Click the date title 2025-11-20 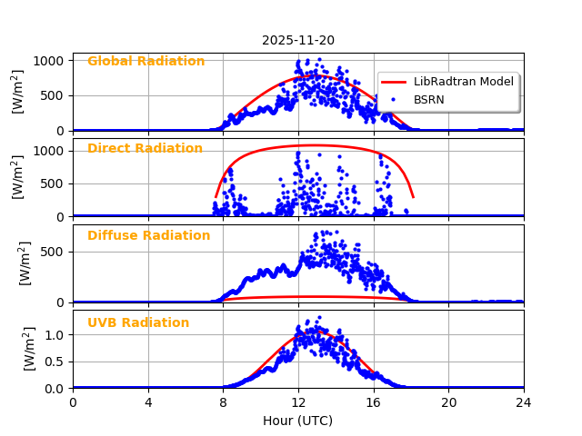point(298,40)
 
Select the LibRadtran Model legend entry point(463,82)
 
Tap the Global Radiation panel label point(145,62)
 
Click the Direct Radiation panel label point(145,149)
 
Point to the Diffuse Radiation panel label point(148,236)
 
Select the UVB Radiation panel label point(138,323)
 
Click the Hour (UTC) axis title point(297,421)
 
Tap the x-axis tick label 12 point(298,402)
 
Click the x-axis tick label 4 point(148,402)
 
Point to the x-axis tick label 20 point(448,402)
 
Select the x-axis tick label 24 point(524,402)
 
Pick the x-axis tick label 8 point(223,402)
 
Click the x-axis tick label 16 point(373,402)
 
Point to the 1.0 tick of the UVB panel point(55,334)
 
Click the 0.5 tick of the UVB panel point(55,362)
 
